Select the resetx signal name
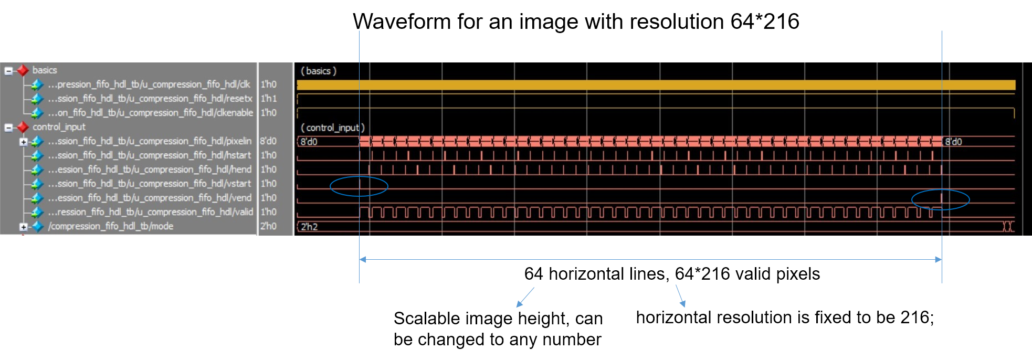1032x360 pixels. [150, 99]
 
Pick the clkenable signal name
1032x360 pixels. [150, 113]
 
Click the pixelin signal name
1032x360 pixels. [150, 141]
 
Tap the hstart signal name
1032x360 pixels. [150, 155]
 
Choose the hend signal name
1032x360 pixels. [150, 170]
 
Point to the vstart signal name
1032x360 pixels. [150, 184]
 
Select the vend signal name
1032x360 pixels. [150, 198]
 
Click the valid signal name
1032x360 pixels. [150, 212]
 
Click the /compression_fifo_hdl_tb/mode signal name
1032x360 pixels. [110, 226]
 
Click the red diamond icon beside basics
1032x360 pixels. [23, 70]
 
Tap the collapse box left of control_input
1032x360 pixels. [8, 127]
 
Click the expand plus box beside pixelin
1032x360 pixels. [23, 142]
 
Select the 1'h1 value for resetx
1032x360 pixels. [268, 99]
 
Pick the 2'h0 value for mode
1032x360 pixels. [268, 226]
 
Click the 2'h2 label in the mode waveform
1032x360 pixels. [309, 227]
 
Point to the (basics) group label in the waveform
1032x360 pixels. [318, 71]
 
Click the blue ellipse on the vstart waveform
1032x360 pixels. [359, 186]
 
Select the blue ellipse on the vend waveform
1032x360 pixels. [940, 199]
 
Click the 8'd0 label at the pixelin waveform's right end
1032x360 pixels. [953, 142]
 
